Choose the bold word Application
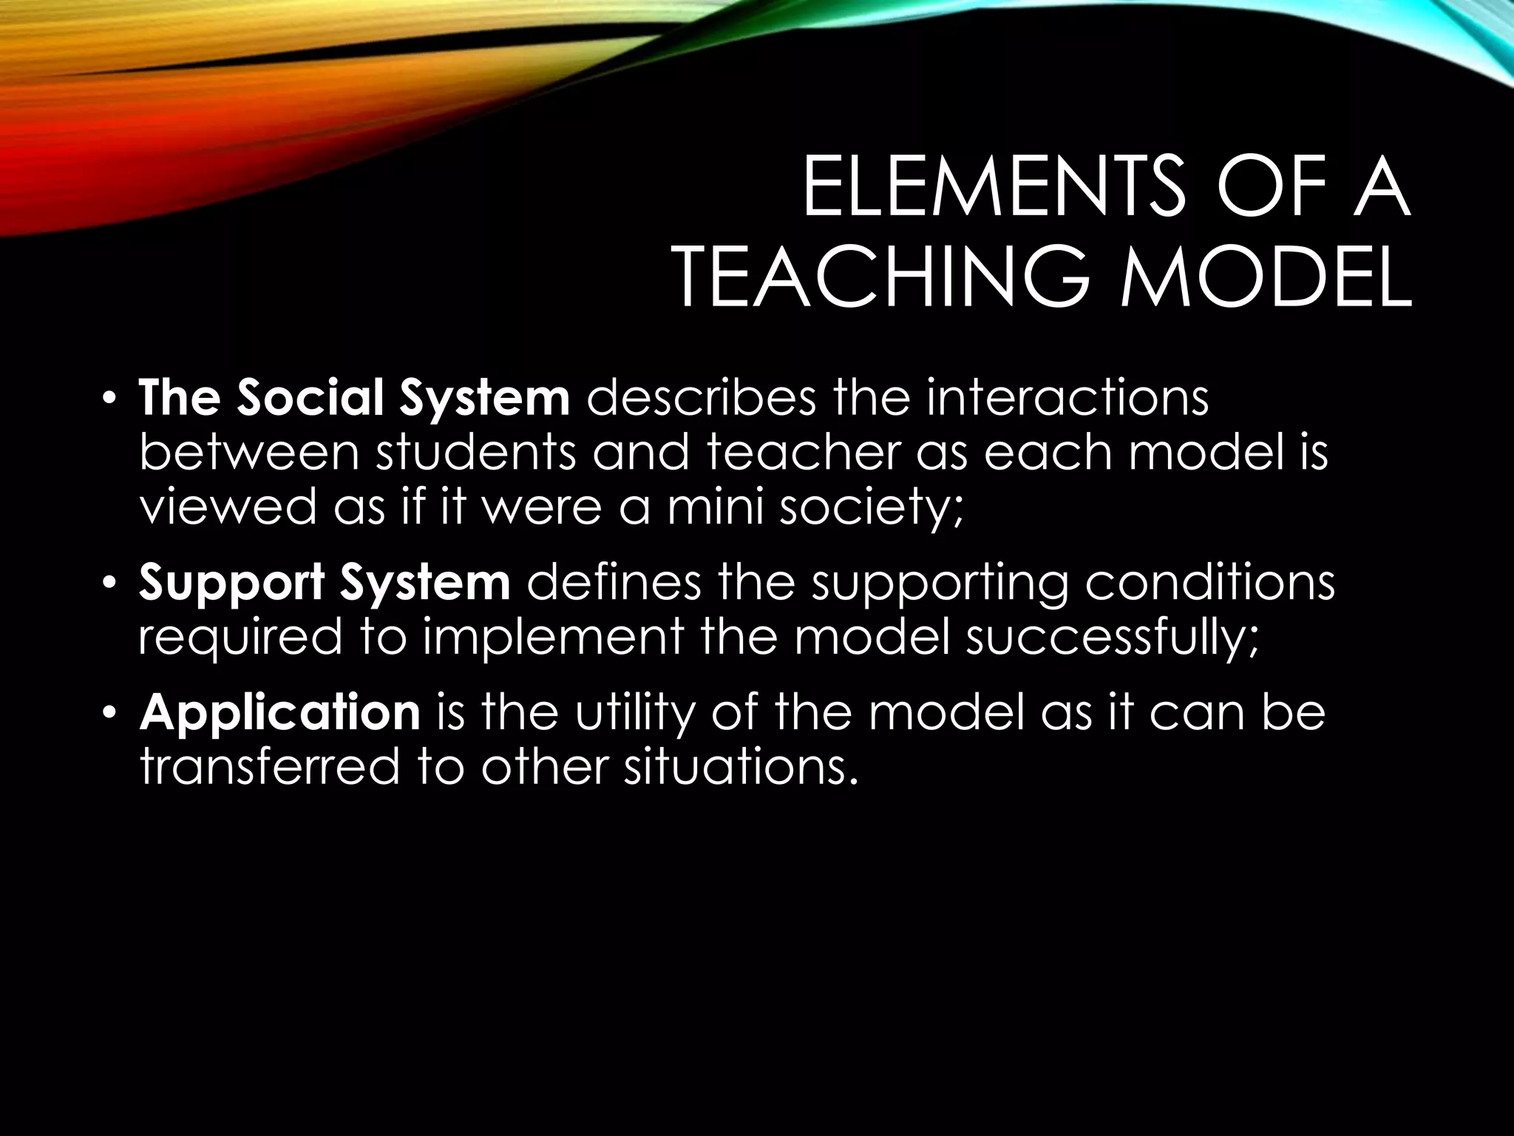(279, 713)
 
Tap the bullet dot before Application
(109, 715)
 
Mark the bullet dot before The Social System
(109, 401)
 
